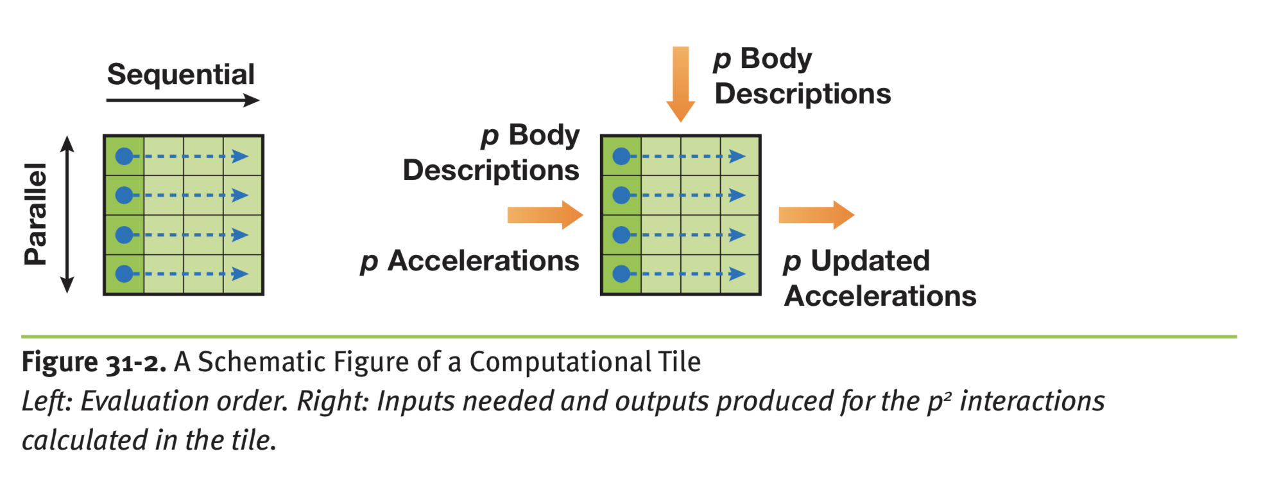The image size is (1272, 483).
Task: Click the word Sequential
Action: point(180,75)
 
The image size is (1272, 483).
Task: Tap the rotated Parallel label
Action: point(36,214)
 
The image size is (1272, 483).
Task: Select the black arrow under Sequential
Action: point(182,100)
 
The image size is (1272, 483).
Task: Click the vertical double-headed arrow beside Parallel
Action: point(67,214)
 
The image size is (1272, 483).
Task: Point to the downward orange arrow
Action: point(680,83)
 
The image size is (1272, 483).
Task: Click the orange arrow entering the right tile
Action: point(544,215)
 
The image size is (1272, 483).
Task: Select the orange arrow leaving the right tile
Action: point(816,215)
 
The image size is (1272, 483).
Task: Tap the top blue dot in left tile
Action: point(124,156)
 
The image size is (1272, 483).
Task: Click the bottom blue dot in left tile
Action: point(124,274)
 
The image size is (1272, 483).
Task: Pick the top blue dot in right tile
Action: point(621,156)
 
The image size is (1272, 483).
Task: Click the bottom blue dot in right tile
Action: point(621,274)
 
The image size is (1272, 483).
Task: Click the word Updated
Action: point(870,261)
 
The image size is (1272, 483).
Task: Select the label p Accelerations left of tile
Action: point(470,261)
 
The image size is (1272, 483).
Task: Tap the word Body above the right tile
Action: point(776,58)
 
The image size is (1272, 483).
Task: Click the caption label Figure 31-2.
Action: point(94,362)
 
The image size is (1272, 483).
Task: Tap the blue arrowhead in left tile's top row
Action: point(240,156)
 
